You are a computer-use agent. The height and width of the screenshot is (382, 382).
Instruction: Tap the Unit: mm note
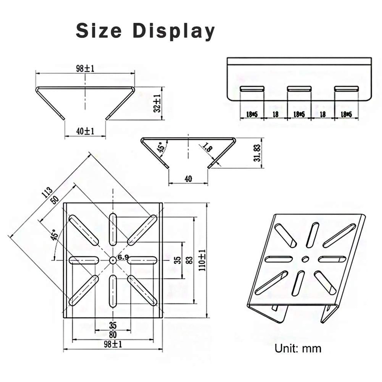(x=298, y=348)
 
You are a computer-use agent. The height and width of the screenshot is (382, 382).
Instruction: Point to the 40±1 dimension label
(x=85, y=131)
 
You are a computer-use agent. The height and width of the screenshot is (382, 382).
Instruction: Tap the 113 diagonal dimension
(x=47, y=192)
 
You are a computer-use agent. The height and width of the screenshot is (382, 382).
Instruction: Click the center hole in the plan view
(x=113, y=260)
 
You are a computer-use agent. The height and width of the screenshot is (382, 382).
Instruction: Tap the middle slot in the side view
(x=299, y=89)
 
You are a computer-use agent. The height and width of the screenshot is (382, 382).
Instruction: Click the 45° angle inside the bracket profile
(x=160, y=147)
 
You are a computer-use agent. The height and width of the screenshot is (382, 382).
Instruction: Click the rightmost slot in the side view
(x=346, y=89)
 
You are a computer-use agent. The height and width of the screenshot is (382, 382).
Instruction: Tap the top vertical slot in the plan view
(x=113, y=229)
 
